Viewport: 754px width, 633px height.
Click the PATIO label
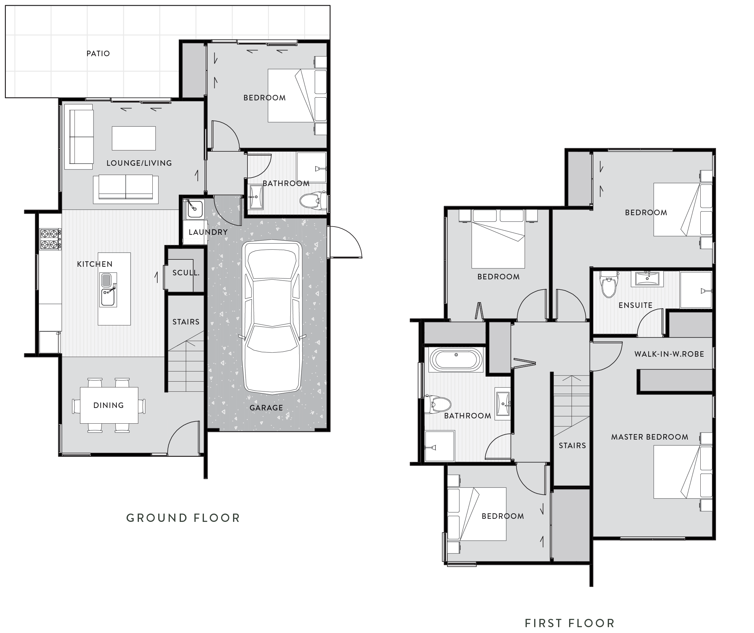click(98, 53)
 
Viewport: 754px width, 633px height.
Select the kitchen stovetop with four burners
click(50, 239)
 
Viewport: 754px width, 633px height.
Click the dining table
click(109, 405)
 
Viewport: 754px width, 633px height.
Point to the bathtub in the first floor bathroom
click(456, 359)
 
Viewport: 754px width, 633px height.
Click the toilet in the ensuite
click(609, 286)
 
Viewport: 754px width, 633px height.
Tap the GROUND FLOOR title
click(183, 518)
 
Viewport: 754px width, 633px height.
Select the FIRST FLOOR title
click(569, 623)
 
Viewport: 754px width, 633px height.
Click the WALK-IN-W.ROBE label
click(669, 354)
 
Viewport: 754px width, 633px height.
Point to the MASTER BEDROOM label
click(649, 437)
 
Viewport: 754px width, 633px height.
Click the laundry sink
click(194, 209)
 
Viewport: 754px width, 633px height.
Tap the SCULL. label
click(186, 273)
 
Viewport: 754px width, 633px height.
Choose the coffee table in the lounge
click(134, 138)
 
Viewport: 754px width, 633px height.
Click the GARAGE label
click(266, 408)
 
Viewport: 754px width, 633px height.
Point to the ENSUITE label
click(635, 305)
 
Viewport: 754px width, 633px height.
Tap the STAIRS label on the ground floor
click(186, 322)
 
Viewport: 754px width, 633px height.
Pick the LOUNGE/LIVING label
click(139, 163)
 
